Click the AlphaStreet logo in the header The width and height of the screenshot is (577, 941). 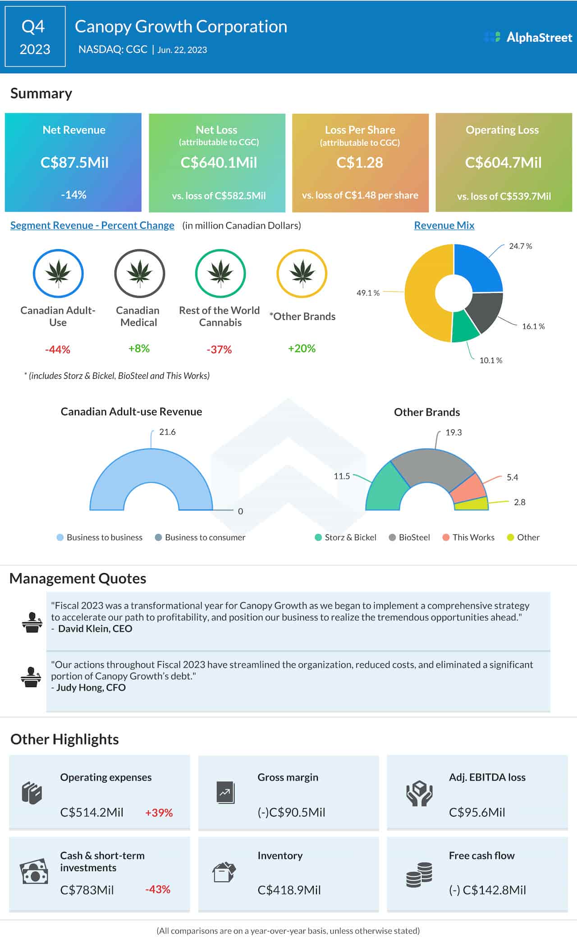[x=528, y=37]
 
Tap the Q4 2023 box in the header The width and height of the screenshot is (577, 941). [x=35, y=37]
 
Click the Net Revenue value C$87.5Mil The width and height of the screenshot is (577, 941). [x=74, y=162]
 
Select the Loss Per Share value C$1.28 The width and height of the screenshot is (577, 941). [x=359, y=162]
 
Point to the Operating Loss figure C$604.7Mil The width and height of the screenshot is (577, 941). [x=503, y=162]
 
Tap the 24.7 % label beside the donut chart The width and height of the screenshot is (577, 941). [x=520, y=246]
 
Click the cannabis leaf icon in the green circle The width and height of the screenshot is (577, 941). [x=220, y=273]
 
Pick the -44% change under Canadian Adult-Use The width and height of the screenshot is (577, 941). [x=58, y=349]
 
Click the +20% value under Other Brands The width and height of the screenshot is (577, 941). [x=302, y=348]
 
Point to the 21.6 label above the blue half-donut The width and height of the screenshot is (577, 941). [x=167, y=432]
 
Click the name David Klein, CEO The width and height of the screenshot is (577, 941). [x=95, y=628]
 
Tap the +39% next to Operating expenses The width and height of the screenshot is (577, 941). [x=159, y=813]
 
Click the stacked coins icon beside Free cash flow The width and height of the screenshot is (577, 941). [x=419, y=875]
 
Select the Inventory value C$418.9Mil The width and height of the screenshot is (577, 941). [x=289, y=890]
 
